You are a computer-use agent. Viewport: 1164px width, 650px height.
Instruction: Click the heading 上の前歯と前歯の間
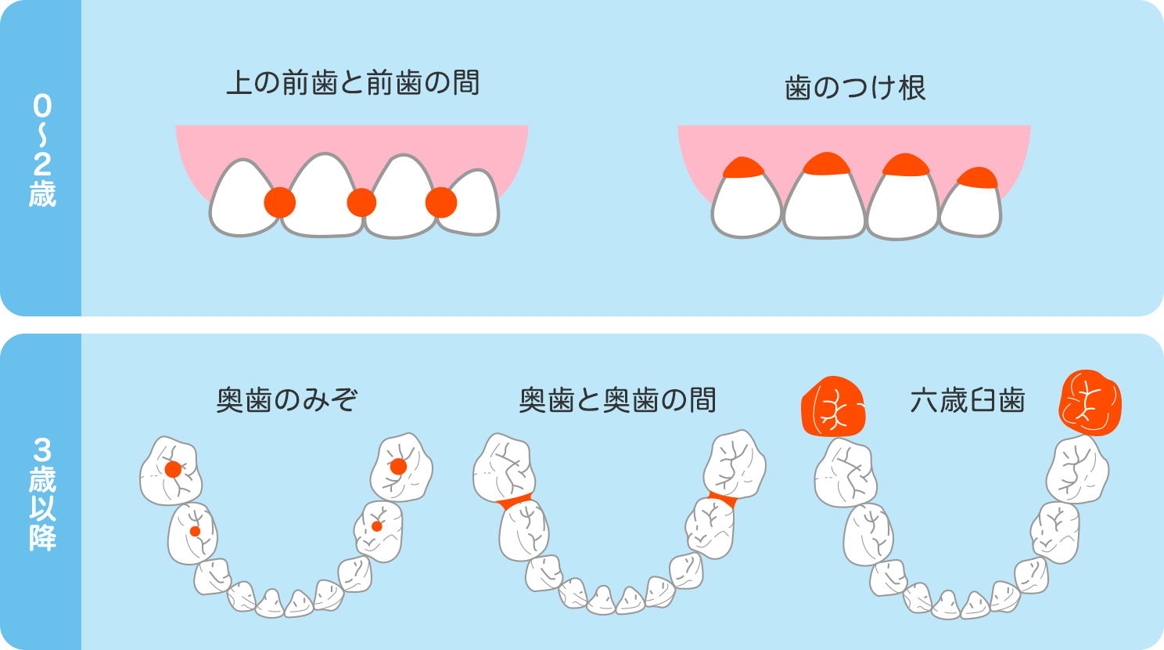[x=353, y=83]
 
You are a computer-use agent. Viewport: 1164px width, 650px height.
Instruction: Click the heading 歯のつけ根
[x=855, y=88]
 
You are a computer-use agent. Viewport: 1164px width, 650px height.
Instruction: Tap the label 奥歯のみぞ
[x=287, y=400]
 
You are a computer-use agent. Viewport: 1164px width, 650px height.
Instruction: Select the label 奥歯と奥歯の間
[x=618, y=400]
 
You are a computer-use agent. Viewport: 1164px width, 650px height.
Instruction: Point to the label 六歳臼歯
[x=967, y=400]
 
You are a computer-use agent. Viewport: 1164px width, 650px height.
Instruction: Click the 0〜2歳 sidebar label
[x=42, y=151]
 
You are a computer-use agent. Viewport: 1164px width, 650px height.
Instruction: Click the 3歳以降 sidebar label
[x=42, y=494]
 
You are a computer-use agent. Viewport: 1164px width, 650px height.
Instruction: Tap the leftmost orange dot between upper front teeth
[x=279, y=203]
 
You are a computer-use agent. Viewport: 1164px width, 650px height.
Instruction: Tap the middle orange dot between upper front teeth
[x=361, y=203]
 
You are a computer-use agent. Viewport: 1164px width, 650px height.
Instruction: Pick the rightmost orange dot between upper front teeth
[x=441, y=203]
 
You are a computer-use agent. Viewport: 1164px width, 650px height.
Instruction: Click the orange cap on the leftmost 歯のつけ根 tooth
[x=744, y=168]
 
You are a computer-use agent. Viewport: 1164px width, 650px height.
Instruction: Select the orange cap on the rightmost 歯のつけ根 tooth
[x=978, y=178]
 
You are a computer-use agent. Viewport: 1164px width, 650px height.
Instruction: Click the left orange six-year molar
[x=834, y=406]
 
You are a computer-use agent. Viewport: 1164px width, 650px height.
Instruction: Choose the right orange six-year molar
[x=1090, y=403]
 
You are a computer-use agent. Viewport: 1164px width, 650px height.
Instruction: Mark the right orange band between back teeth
[x=723, y=500]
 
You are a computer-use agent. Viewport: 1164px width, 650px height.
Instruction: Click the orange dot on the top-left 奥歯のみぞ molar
[x=173, y=469]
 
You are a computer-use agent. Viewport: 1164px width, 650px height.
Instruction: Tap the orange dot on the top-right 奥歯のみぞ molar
[x=399, y=467]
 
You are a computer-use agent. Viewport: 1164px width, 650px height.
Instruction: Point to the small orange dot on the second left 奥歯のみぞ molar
[x=195, y=531]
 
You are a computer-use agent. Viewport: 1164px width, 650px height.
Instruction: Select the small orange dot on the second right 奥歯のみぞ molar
[x=377, y=527]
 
